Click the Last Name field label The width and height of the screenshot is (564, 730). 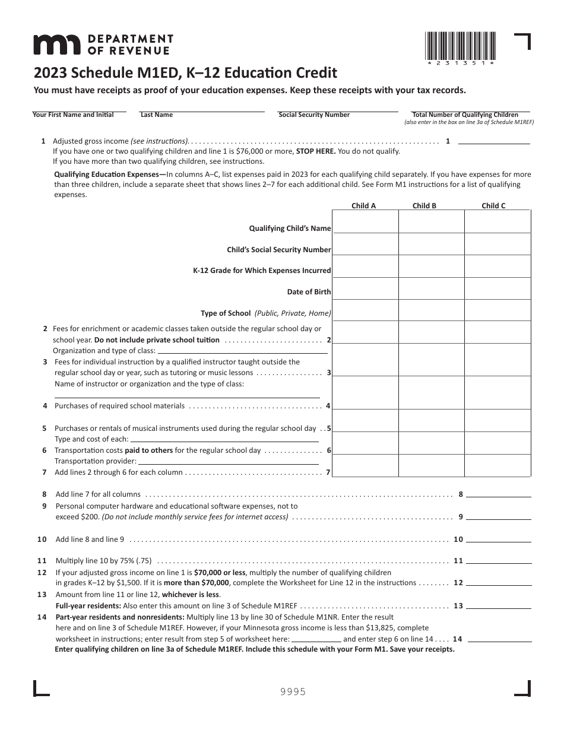(157, 115)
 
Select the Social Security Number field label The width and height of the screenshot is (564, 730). (314, 115)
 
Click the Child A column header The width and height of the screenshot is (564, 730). (364, 206)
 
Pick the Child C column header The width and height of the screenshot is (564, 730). (493, 206)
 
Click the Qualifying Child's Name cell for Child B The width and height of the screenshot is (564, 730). (431, 223)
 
